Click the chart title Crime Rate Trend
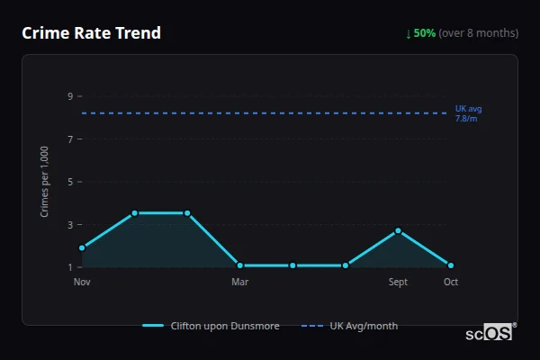[x=91, y=33]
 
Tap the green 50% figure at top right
[x=425, y=33]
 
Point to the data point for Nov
[x=82, y=247]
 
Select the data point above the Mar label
[x=240, y=265]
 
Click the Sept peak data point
[x=398, y=230]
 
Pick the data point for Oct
[x=451, y=265]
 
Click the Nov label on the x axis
[x=82, y=282]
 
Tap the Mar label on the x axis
[x=240, y=282]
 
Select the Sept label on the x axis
[x=398, y=282]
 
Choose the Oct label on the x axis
[x=451, y=282]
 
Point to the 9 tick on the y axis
[x=69, y=96]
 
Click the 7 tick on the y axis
[x=69, y=139]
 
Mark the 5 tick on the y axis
[x=69, y=182]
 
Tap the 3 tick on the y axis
[x=69, y=224]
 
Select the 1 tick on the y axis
[x=69, y=267]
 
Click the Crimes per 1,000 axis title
[x=45, y=182]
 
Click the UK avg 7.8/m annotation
[x=468, y=113]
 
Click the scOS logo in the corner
[x=490, y=333]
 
